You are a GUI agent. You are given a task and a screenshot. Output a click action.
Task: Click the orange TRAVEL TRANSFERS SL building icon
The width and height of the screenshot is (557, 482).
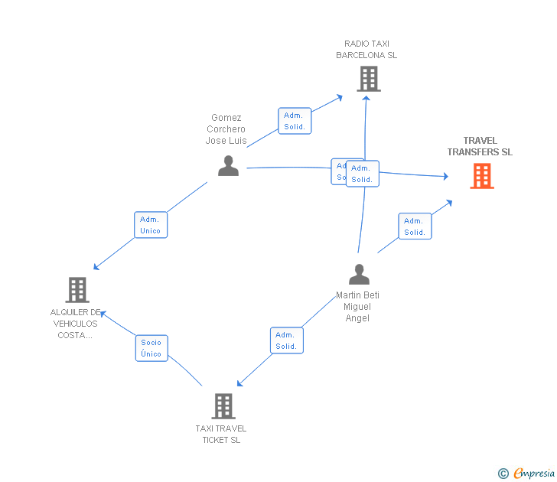tap(481, 176)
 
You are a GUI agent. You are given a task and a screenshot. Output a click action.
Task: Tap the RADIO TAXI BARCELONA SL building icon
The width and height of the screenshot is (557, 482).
tap(368, 79)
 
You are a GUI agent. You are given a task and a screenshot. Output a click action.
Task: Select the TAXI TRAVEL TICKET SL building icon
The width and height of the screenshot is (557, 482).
tap(223, 405)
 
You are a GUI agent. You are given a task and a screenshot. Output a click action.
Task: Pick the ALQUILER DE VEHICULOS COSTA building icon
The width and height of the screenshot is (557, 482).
tap(77, 290)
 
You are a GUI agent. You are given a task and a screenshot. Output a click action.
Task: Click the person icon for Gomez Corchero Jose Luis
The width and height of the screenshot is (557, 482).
tap(228, 165)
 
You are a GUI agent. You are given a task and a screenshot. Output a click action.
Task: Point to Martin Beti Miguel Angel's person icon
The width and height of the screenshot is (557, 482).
tap(358, 274)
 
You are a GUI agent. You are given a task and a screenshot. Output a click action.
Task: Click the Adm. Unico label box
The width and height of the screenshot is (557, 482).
tap(151, 225)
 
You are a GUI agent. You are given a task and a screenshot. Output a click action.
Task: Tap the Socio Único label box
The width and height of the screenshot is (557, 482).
tap(151, 348)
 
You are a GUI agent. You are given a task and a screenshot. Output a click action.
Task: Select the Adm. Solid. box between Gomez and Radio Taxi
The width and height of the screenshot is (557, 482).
tap(295, 121)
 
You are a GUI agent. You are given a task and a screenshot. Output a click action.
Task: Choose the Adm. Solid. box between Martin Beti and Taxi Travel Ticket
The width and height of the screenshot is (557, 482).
tap(286, 340)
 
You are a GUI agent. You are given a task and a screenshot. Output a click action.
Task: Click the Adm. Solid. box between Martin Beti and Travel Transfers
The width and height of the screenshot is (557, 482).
tap(415, 226)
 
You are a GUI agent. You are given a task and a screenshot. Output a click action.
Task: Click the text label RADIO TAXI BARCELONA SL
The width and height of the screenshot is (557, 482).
tap(366, 50)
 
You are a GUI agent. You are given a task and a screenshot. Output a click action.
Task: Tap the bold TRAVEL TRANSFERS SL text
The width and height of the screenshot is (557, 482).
tap(480, 146)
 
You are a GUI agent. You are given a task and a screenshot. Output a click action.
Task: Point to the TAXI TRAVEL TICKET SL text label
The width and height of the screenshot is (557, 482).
tap(221, 434)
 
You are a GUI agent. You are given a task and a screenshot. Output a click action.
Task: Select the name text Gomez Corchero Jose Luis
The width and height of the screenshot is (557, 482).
tap(226, 129)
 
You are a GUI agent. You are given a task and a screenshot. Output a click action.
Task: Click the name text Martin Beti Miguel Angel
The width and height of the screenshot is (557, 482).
tap(357, 306)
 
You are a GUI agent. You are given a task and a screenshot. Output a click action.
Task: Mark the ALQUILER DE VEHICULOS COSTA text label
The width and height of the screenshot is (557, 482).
tap(75, 324)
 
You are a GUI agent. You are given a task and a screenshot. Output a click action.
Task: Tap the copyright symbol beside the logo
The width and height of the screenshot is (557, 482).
tap(503, 474)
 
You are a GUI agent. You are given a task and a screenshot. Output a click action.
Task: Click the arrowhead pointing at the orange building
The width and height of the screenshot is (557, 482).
tap(445, 177)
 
